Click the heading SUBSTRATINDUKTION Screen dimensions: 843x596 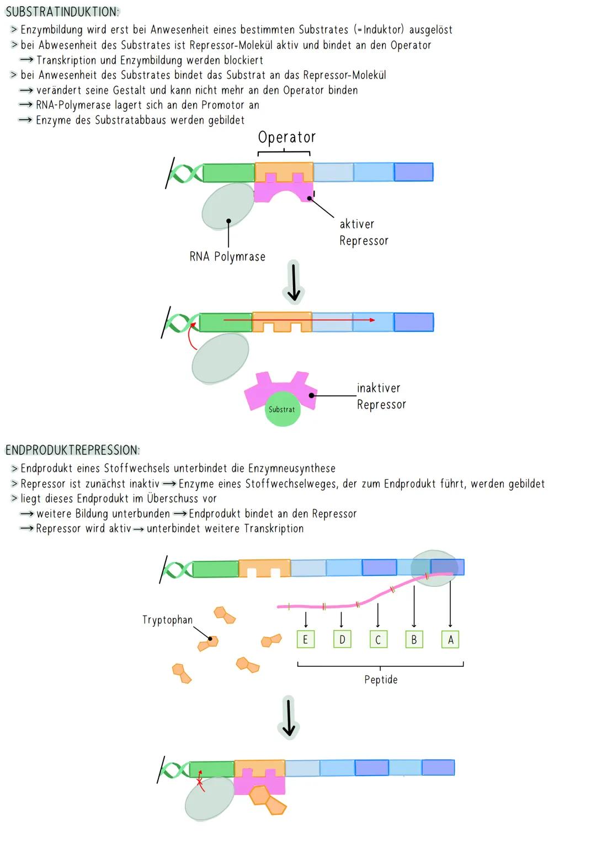click(62, 12)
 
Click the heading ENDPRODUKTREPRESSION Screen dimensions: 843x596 click(72, 450)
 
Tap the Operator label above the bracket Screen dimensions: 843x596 click(286, 137)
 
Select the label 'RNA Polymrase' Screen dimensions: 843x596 click(227, 257)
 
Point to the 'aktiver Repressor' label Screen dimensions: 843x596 click(364, 232)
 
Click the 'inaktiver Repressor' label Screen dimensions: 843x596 click(381, 396)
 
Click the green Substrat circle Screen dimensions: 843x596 click(282, 410)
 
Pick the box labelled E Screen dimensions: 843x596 click(305, 639)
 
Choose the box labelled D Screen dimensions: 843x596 click(342, 639)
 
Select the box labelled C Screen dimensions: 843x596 click(378, 639)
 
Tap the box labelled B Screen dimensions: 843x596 click(414, 639)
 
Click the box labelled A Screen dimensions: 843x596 click(450, 639)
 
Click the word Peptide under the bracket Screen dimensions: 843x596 click(381, 680)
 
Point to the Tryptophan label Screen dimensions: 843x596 click(167, 620)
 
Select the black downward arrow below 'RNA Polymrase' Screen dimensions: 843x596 click(294, 282)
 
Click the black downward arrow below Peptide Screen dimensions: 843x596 click(289, 717)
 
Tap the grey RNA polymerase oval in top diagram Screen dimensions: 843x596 click(227, 206)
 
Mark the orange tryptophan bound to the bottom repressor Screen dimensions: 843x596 click(268, 799)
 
